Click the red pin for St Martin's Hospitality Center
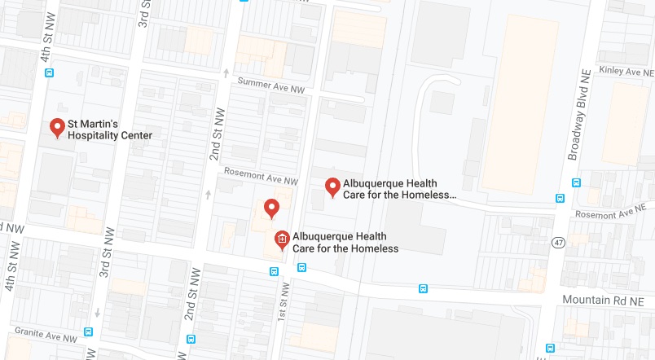(x=57, y=128)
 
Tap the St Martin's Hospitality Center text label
(x=109, y=130)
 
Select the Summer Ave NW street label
(x=270, y=84)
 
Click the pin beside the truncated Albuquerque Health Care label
(x=332, y=187)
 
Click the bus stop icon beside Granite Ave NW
(x=88, y=331)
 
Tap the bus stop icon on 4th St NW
(x=51, y=72)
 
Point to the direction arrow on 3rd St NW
(x=96, y=313)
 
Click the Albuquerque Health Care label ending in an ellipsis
(x=399, y=190)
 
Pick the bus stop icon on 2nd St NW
(x=191, y=339)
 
